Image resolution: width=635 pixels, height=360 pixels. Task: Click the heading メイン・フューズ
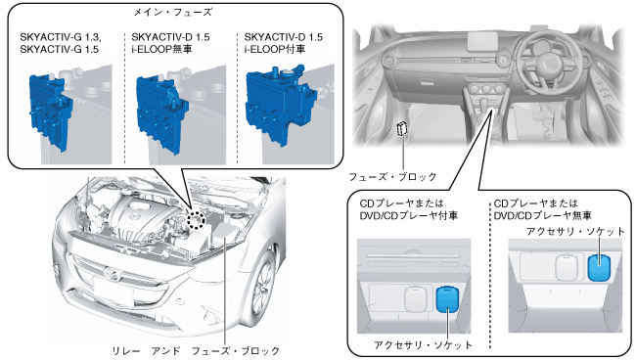point(173,12)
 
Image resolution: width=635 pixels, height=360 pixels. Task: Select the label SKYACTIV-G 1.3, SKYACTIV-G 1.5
point(61,43)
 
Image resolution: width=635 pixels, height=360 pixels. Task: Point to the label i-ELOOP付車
point(275,49)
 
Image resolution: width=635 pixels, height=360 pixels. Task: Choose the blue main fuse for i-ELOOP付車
point(280,104)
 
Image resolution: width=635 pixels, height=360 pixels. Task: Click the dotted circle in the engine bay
point(196,220)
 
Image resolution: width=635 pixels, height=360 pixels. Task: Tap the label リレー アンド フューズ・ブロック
point(196,350)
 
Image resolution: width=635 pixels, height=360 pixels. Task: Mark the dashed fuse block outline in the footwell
point(402,129)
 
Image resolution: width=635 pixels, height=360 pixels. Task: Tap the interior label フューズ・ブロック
point(392,176)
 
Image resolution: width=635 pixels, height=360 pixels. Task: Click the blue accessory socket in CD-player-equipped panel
point(446,300)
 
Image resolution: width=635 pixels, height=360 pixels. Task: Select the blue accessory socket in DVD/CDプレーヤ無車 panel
point(599,267)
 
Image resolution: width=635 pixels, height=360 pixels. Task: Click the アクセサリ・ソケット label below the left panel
point(423,344)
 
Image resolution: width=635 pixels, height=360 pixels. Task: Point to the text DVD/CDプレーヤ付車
point(409,215)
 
